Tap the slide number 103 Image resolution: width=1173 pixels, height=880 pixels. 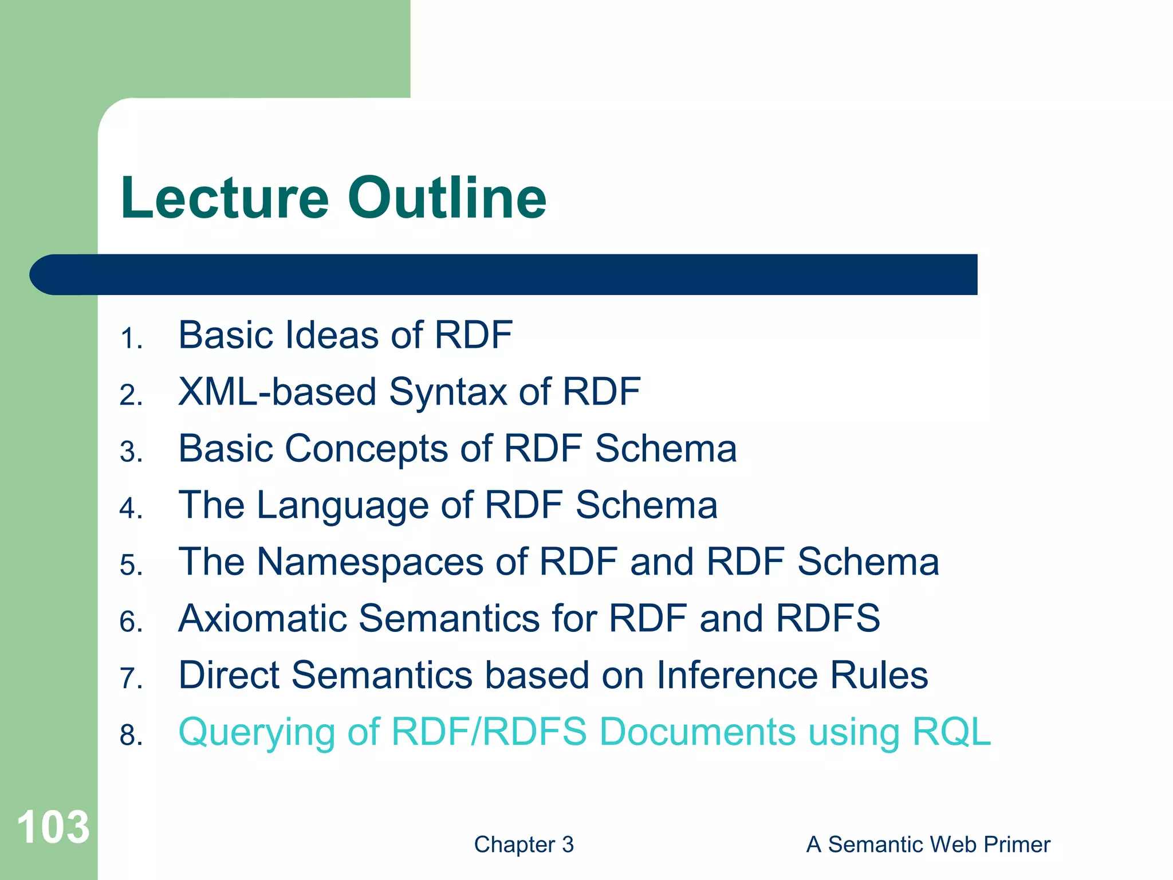tap(53, 827)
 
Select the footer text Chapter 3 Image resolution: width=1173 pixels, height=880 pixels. tap(523, 844)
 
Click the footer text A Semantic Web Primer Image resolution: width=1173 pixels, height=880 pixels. tap(928, 844)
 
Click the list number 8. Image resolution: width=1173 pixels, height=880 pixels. tap(131, 735)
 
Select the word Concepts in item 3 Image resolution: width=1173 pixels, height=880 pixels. tap(367, 449)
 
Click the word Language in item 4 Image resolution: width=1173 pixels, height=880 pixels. tap(343, 506)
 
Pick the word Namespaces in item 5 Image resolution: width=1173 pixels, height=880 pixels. tap(370, 563)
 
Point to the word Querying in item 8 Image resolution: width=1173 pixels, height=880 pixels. tap(257, 733)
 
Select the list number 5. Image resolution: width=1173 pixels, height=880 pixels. tap(131, 565)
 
